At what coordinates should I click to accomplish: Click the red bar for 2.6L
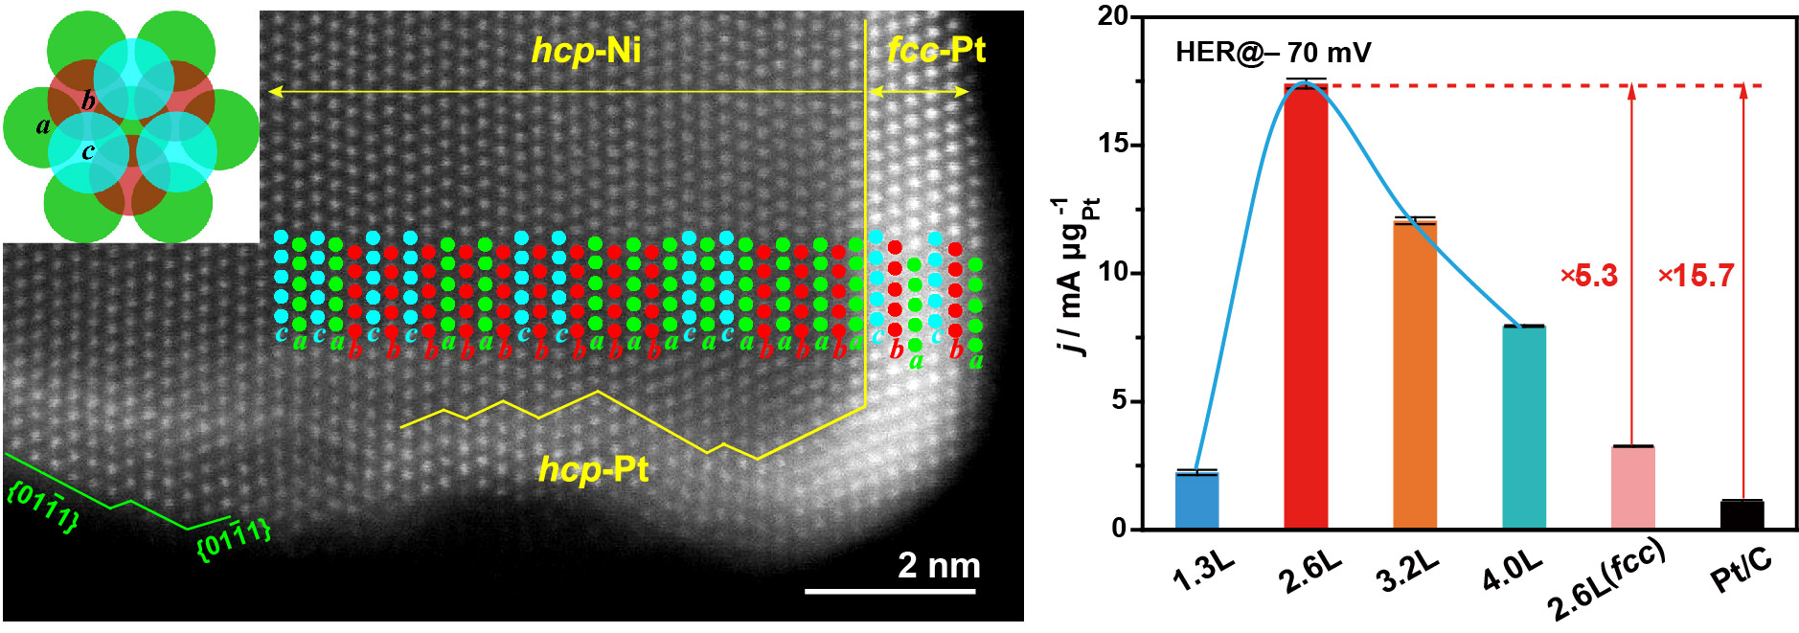[x=1306, y=306]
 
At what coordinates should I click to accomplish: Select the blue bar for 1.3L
[x=1196, y=501]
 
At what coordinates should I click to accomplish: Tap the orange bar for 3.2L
[x=1415, y=374]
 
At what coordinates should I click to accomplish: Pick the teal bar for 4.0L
[x=1523, y=427]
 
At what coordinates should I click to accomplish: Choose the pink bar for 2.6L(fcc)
[x=1632, y=487]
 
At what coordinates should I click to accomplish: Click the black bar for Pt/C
[x=1742, y=514]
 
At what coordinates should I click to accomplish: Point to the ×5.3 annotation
[x=1589, y=276]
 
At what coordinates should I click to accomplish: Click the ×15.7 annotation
[x=1696, y=276]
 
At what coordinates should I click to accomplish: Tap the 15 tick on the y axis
[x=1114, y=145]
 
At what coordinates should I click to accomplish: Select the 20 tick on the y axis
[x=1114, y=16]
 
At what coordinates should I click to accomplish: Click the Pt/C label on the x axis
[x=1741, y=573]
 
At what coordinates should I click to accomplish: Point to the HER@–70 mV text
[x=1273, y=52]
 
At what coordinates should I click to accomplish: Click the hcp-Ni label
[x=586, y=50]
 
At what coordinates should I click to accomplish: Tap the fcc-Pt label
[x=936, y=49]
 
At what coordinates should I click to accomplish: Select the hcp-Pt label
[x=593, y=469]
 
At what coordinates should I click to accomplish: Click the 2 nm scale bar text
[x=938, y=565]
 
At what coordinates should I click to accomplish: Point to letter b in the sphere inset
[x=88, y=101]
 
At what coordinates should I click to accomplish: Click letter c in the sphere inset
[x=88, y=151]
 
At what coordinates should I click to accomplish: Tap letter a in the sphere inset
[x=43, y=125]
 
